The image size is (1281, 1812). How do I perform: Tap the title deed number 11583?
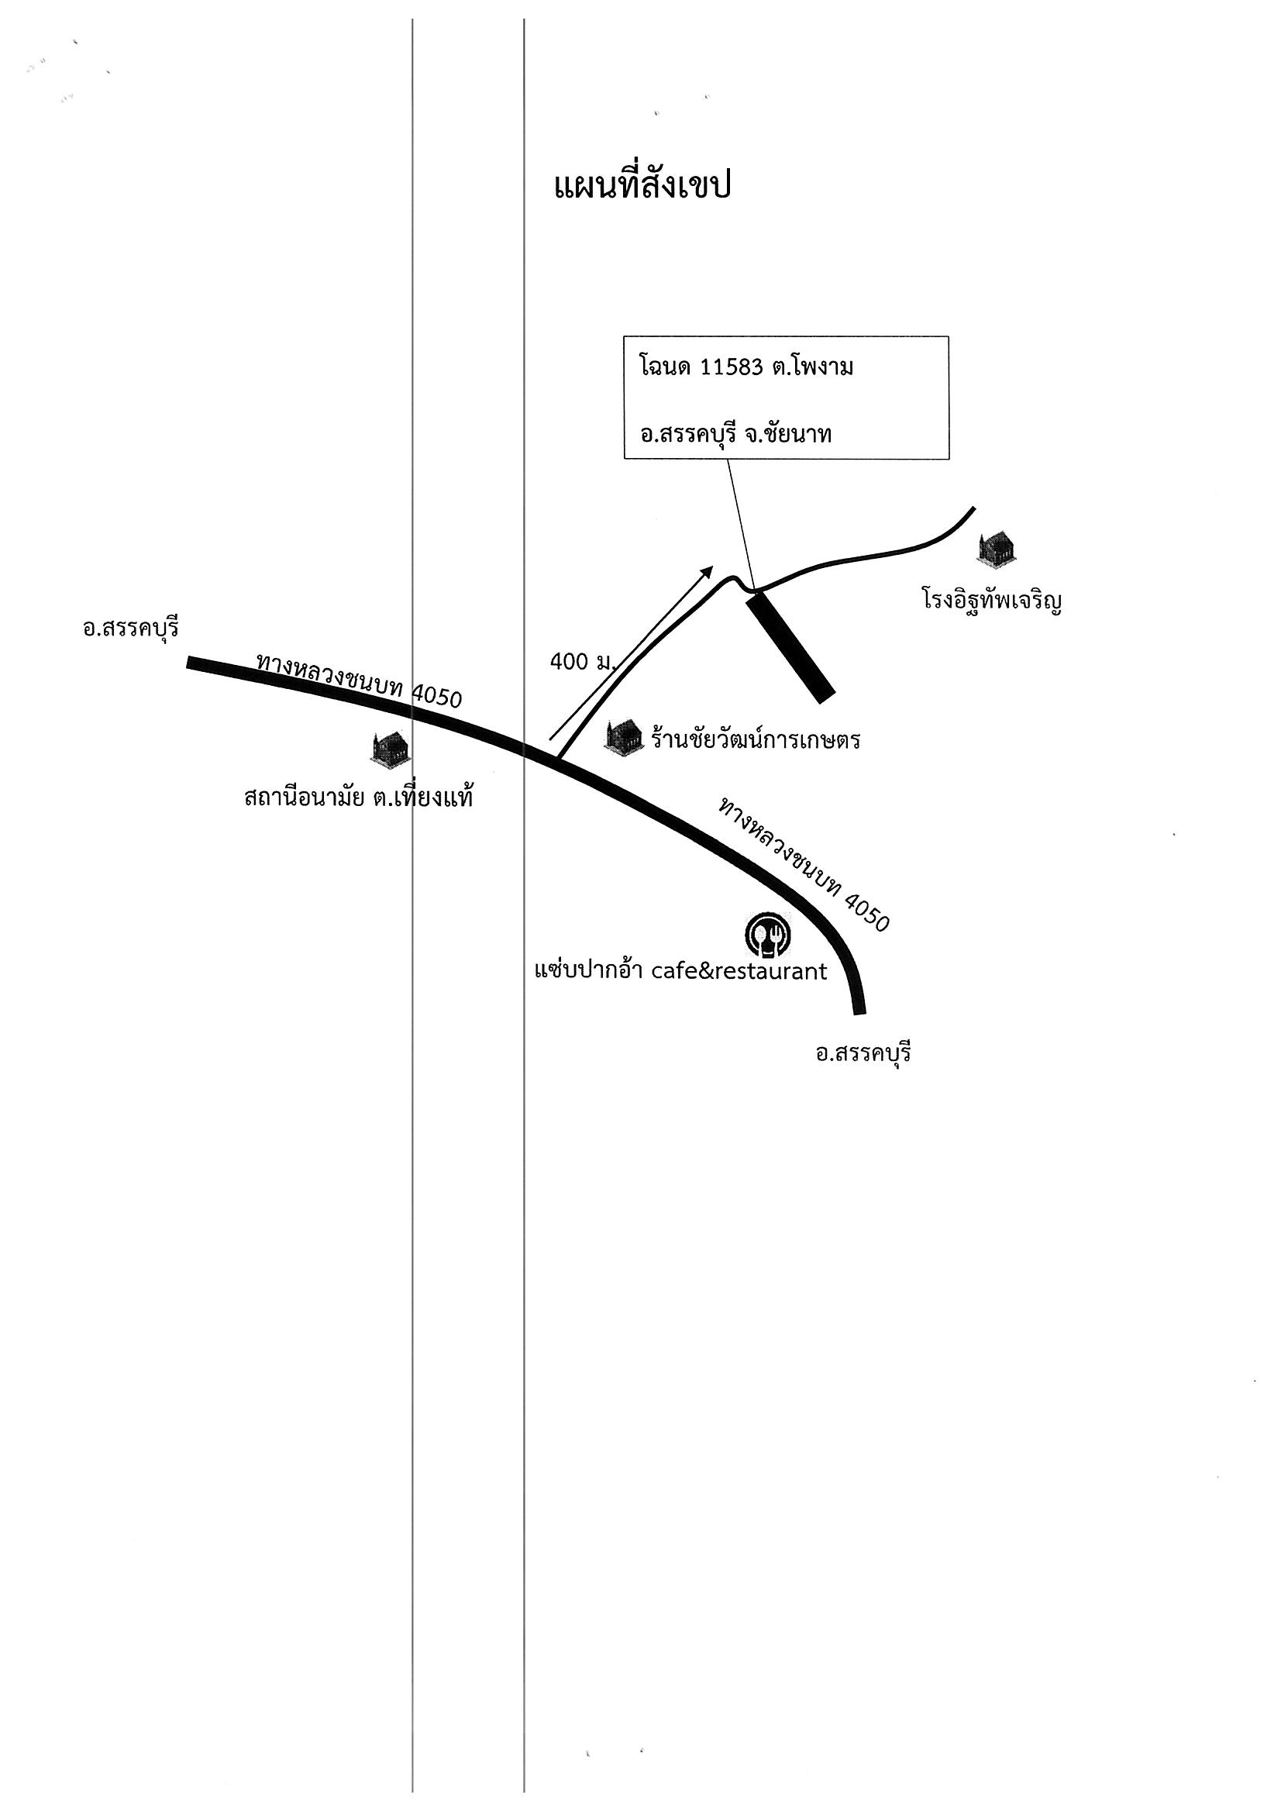point(732,369)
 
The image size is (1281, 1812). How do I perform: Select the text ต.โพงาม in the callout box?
point(813,369)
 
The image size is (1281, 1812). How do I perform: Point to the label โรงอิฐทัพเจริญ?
point(990,602)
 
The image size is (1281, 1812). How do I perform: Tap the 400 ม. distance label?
point(583,662)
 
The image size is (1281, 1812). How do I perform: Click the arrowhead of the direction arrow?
point(708,571)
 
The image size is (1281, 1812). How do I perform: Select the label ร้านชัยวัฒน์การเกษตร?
point(756,739)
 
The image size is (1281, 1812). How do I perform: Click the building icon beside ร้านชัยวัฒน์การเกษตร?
point(624,737)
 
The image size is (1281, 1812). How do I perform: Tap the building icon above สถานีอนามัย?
point(390,748)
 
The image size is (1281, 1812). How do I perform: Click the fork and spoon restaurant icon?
point(769,935)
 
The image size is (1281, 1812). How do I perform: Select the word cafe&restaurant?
point(739,972)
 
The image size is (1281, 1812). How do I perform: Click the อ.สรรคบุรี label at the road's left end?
point(131,629)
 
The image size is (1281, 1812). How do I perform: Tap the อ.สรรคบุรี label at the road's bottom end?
point(863,1052)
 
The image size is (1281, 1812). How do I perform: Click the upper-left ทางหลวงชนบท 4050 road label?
point(359,680)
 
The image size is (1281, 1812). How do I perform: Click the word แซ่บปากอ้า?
point(589,970)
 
